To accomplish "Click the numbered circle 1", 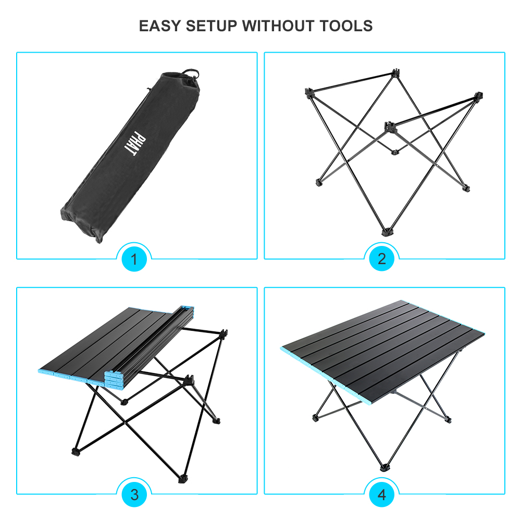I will (134, 259).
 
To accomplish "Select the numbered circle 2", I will (382, 259).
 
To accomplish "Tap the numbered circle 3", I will (134, 494).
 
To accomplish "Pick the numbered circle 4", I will (382, 494).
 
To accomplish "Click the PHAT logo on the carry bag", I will (129, 142).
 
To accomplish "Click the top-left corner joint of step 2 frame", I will (309, 92).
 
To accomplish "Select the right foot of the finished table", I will (447, 418).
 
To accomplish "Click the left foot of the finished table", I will (315, 418).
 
